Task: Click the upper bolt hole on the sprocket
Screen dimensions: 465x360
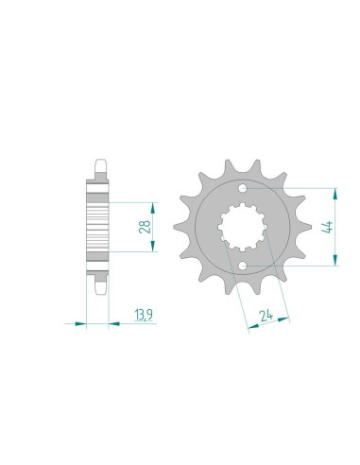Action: pyautogui.click(x=242, y=187)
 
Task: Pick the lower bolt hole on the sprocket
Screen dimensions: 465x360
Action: pyautogui.click(x=242, y=268)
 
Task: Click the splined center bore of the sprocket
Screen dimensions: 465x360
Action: pyautogui.click(x=242, y=228)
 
